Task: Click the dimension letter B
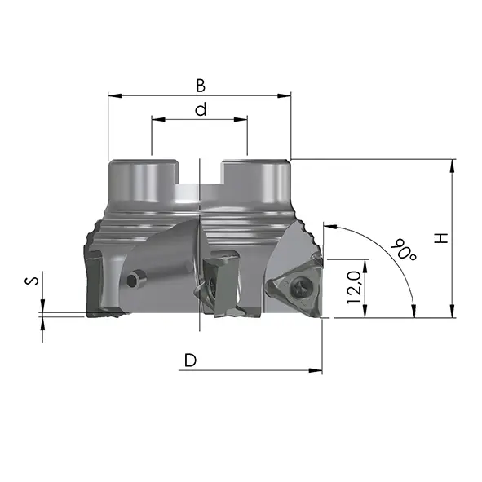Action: tap(201, 86)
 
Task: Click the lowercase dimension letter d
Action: tap(201, 109)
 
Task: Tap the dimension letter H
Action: tap(441, 238)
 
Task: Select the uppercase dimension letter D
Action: tap(190, 360)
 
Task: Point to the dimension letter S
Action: tap(32, 281)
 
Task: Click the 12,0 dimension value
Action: tap(354, 287)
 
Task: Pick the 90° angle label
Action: tap(404, 250)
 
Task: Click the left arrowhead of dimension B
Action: tap(115, 96)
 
